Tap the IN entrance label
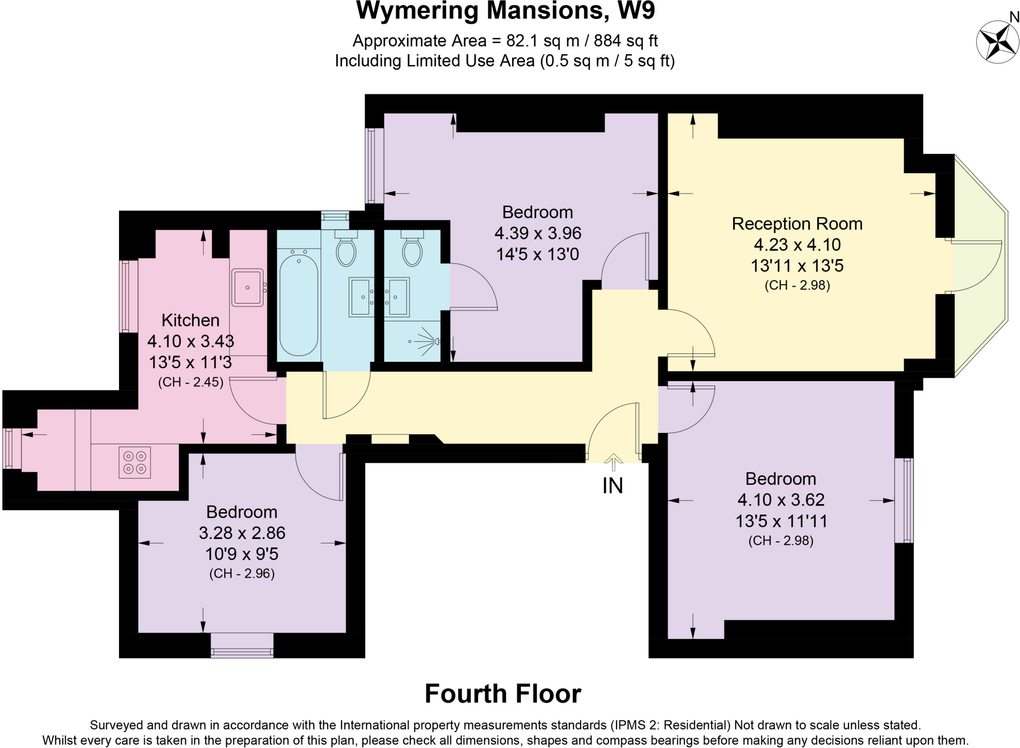613,486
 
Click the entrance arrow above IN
614,462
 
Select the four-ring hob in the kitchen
135,462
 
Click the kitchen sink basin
248,287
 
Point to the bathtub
298,305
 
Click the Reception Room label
797,224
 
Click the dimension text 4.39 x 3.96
538,233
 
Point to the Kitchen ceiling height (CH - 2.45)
191,382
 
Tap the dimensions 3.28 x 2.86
242,533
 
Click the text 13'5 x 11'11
781,521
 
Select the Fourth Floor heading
503,694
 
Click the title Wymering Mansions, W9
505,11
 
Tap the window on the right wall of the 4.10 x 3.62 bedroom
903,500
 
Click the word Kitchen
190,320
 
